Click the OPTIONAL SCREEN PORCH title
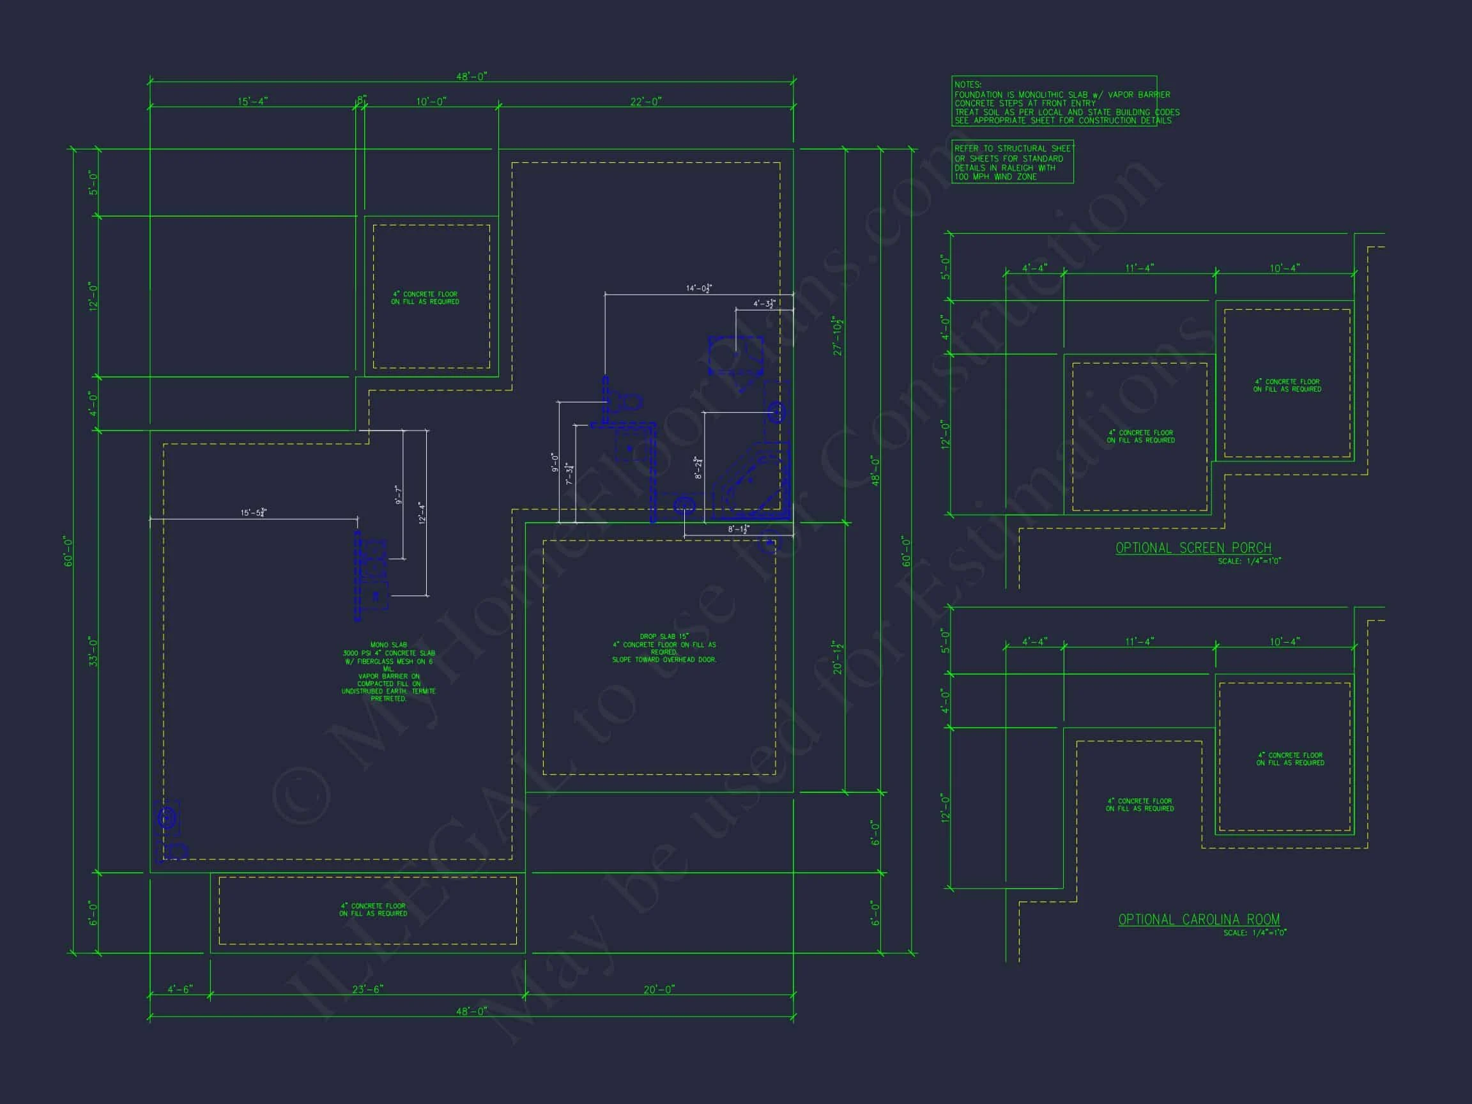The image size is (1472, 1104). [x=1193, y=548]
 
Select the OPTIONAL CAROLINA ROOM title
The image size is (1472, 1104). [x=1199, y=919]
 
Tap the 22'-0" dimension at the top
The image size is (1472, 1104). [x=645, y=102]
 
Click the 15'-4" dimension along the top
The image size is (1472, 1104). [x=252, y=102]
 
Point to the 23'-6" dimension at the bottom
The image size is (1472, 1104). [x=367, y=990]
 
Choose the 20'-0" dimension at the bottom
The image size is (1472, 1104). [x=659, y=990]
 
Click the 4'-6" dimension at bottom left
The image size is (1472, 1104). [x=180, y=990]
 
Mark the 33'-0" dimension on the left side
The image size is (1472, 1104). [x=93, y=652]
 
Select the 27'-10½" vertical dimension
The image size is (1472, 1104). [x=838, y=336]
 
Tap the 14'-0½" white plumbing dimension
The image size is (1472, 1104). [x=699, y=288]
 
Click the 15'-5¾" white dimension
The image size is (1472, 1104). [x=254, y=512]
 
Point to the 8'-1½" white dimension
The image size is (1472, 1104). [x=738, y=530]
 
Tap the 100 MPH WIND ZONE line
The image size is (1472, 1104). [x=995, y=177]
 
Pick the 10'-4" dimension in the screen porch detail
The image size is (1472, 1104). [x=1284, y=268]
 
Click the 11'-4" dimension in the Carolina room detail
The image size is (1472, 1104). [x=1139, y=641]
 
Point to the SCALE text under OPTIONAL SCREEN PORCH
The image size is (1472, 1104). [x=1249, y=561]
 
